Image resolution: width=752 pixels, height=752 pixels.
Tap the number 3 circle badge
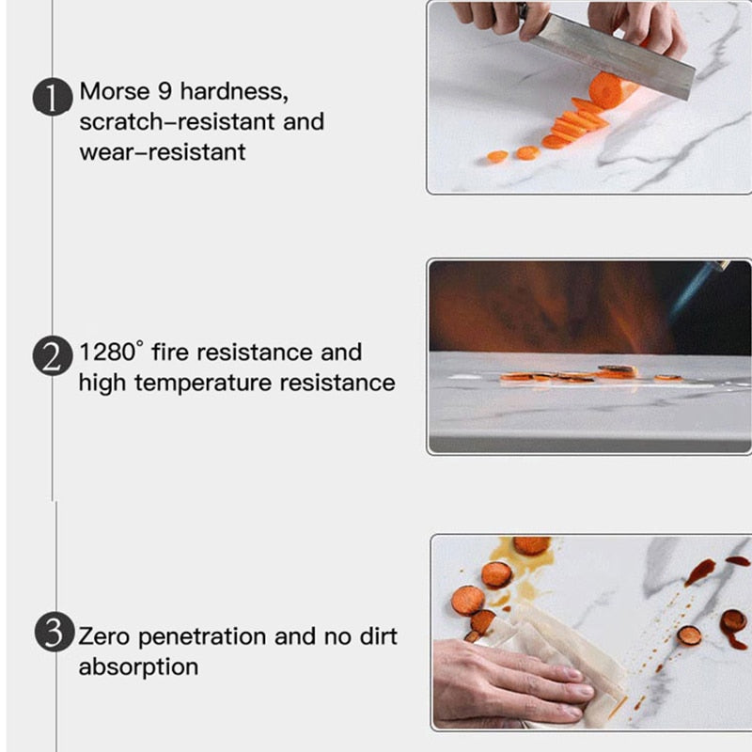(53, 631)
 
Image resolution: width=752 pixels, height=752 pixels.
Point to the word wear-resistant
(162, 152)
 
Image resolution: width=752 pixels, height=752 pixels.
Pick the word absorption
(138, 667)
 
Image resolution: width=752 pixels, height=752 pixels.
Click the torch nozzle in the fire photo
(716, 267)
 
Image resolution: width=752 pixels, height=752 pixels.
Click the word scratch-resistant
(201, 122)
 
